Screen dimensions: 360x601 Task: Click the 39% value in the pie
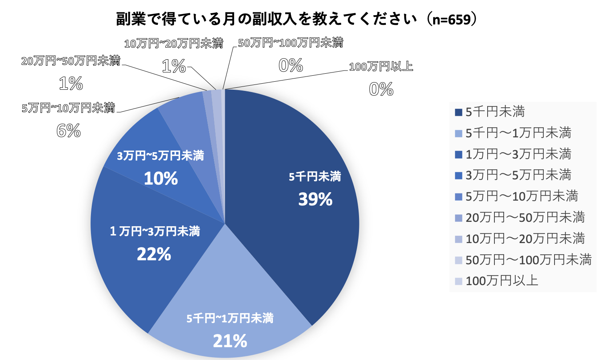pos(315,199)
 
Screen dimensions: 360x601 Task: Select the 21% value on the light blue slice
pos(230,341)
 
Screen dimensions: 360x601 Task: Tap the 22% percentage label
pos(154,254)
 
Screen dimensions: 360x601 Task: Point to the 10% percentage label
pos(161,179)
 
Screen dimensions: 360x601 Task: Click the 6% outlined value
pos(69,131)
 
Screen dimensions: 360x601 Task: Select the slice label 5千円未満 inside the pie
pos(315,177)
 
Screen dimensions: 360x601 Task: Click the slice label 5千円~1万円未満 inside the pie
pos(230,318)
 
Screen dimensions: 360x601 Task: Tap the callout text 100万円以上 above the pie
pos(381,66)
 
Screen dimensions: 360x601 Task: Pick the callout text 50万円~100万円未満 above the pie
pos(290,43)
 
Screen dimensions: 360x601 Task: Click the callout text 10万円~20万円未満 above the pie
pos(173,43)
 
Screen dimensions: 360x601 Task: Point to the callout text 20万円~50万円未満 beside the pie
pos(71,61)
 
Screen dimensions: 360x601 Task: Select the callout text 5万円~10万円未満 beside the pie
pos(68,108)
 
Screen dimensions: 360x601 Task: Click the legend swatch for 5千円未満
pos(459,112)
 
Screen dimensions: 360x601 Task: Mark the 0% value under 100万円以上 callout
pos(381,89)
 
